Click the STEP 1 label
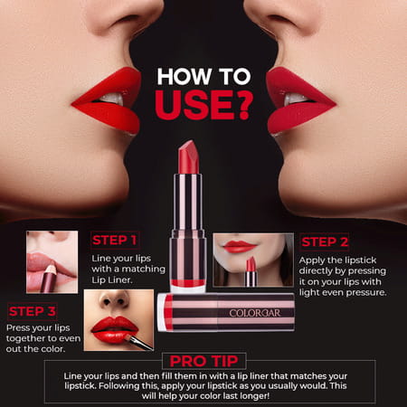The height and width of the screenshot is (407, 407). pos(115,241)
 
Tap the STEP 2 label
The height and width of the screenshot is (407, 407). pos(325,241)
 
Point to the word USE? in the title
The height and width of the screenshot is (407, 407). pos(203,104)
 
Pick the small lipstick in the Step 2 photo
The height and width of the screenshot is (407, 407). pos(251,271)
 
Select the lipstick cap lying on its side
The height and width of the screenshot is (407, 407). pos(213,312)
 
